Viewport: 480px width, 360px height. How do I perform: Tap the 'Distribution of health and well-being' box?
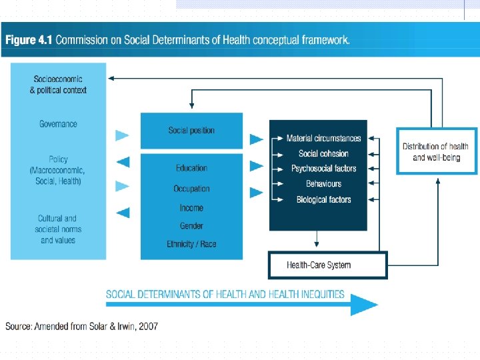(436, 151)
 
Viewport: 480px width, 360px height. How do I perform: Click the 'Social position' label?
(192, 131)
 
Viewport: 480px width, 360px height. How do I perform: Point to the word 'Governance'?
(58, 124)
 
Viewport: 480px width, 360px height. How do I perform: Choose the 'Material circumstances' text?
(323, 139)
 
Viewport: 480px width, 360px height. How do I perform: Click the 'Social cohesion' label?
(323, 153)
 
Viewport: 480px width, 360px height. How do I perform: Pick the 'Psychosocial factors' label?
(323, 169)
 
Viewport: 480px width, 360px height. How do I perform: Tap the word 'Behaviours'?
(323, 184)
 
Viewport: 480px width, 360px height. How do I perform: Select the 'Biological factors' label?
(323, 199)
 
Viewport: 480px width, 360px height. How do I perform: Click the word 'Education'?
(192, 168)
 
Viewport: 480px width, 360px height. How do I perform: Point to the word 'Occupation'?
(192, 189)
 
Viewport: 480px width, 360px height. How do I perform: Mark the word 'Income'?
(192, 208)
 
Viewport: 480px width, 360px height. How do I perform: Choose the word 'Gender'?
(192, 226)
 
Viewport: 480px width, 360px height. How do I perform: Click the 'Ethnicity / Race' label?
(192, 244)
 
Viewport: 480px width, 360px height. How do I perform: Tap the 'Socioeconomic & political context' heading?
(58, 85)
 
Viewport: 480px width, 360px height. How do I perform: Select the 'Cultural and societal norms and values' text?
(58, 229)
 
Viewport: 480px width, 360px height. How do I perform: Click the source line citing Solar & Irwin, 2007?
(82, 326)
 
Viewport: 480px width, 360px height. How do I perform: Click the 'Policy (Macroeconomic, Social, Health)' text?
(58, 170)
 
